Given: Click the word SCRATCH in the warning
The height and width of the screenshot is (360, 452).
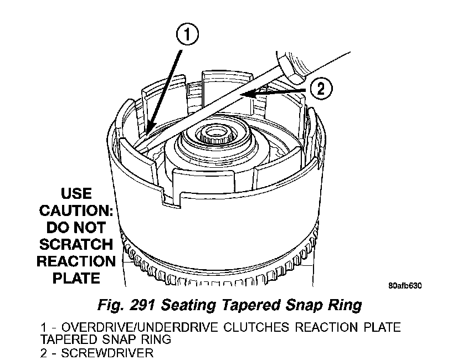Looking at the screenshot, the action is tap(76, 244).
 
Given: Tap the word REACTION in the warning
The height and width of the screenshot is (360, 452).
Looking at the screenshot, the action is tap(76, 261).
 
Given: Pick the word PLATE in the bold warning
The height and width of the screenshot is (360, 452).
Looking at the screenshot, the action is tap(76, 277).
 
